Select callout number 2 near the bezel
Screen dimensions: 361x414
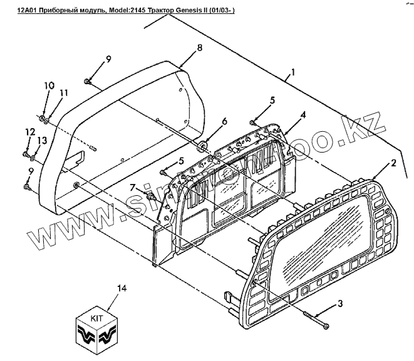click(393, 163)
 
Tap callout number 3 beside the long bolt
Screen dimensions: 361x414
click(339, 304)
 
